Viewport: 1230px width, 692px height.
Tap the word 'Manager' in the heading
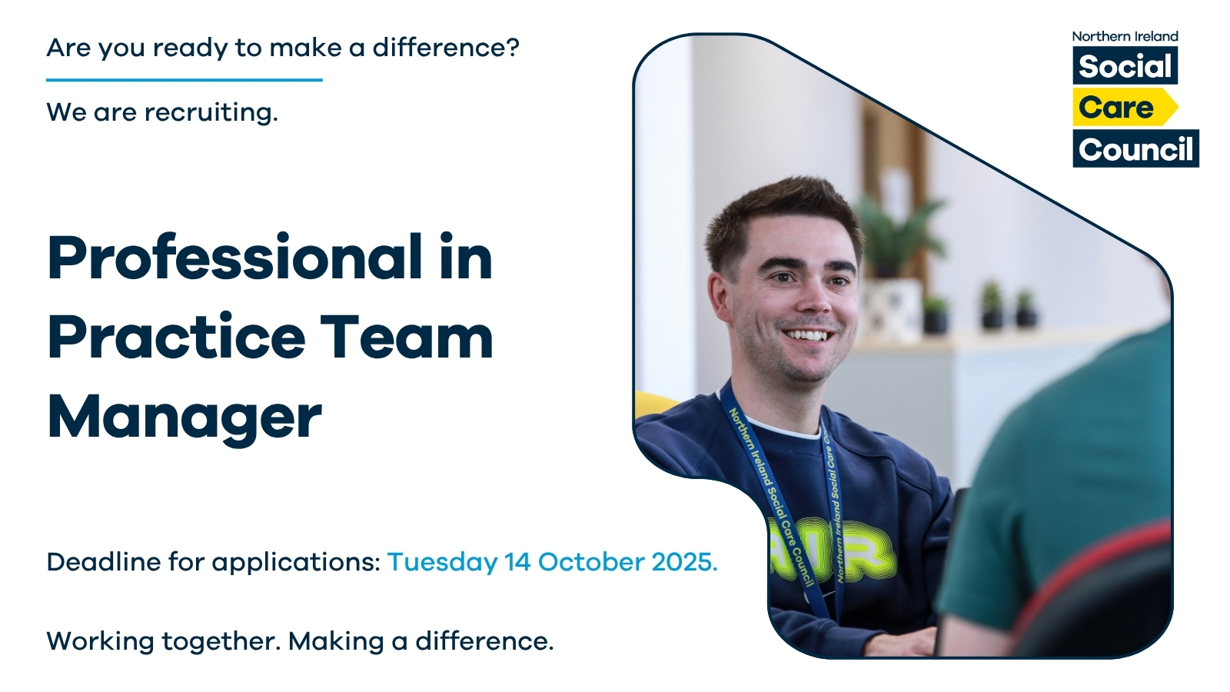184,418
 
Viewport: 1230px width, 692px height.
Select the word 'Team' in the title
407,338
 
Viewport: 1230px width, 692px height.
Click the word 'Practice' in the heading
176,338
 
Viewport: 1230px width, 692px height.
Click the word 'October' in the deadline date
591,562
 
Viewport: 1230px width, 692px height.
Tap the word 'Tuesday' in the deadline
442,563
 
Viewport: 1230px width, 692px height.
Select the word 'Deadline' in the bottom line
104,562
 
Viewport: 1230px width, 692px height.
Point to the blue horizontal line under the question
184,80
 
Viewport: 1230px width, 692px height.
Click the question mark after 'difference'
512,47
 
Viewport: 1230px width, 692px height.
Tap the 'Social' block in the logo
1125,65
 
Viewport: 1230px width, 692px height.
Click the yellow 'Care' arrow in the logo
1125,107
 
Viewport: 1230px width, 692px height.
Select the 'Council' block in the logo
1135,149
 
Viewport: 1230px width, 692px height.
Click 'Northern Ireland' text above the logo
1125,36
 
